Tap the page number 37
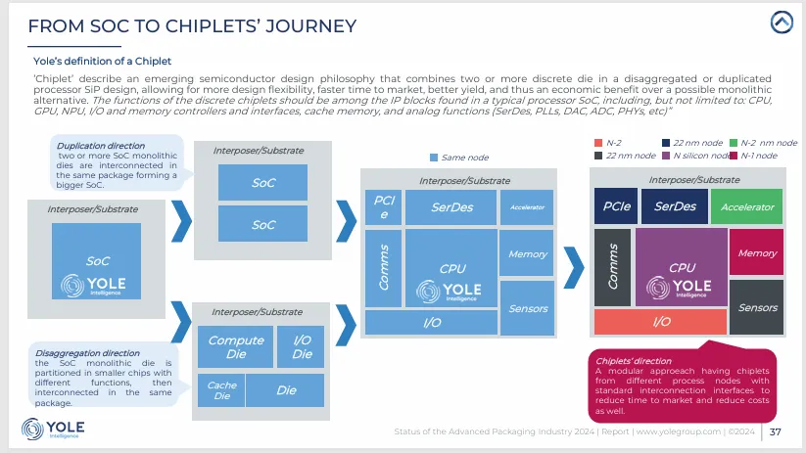coord(775,430)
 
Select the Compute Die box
coord(236,346)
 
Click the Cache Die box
coord(221,390)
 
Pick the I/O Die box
coord(302,346)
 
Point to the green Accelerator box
coord(747,206)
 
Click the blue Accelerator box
coord(527,206)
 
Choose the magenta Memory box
coord(756,252)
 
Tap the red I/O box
coord(661,321)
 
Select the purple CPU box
coord(682,267)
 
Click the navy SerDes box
coord(675,206)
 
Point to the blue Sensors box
coord(528,308)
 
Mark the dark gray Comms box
coord(612,267)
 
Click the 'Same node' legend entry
coord(456,157)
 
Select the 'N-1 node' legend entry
coord(754,155)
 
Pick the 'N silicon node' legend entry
coord(697,155)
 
